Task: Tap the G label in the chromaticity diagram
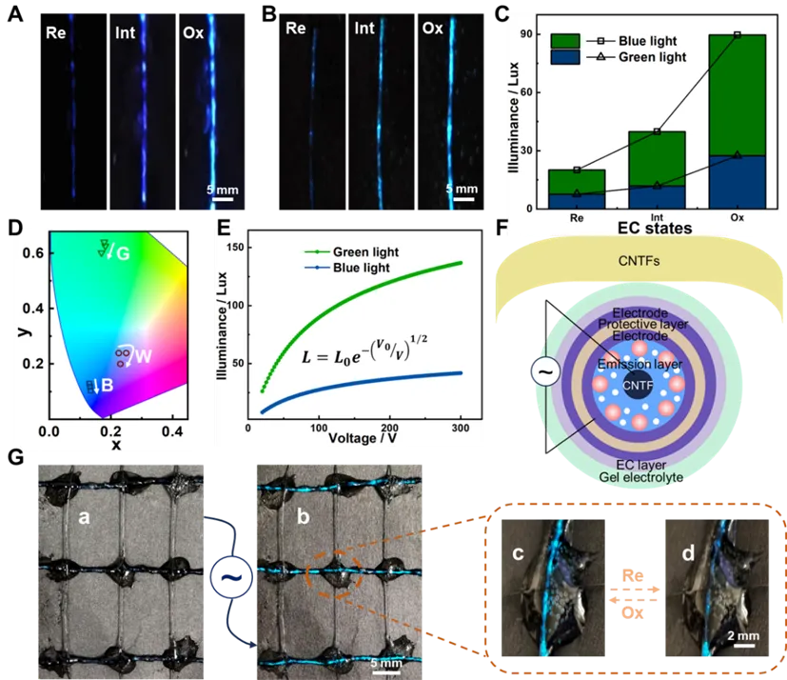point(122,252)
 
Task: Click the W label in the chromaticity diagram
point(144,356)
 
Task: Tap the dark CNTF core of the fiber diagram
point(637,387)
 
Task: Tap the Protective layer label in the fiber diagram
point(637,324)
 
